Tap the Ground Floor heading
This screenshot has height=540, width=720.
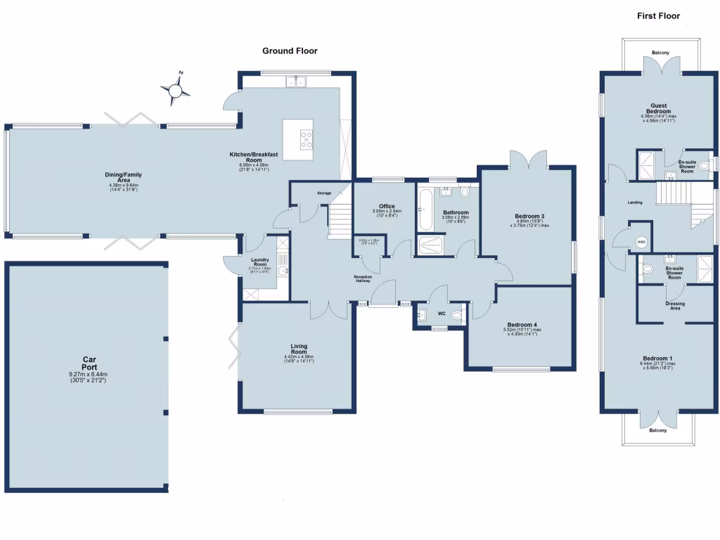coord(290,51)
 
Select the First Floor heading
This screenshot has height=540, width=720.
coord(658,15)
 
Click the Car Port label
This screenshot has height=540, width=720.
coord(88,359)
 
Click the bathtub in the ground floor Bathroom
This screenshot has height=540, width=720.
coord(424,208)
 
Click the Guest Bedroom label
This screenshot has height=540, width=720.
coord(659,108)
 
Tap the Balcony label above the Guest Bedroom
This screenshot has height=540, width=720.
coord(660,53)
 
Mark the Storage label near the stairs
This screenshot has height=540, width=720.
coord(323,193)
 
